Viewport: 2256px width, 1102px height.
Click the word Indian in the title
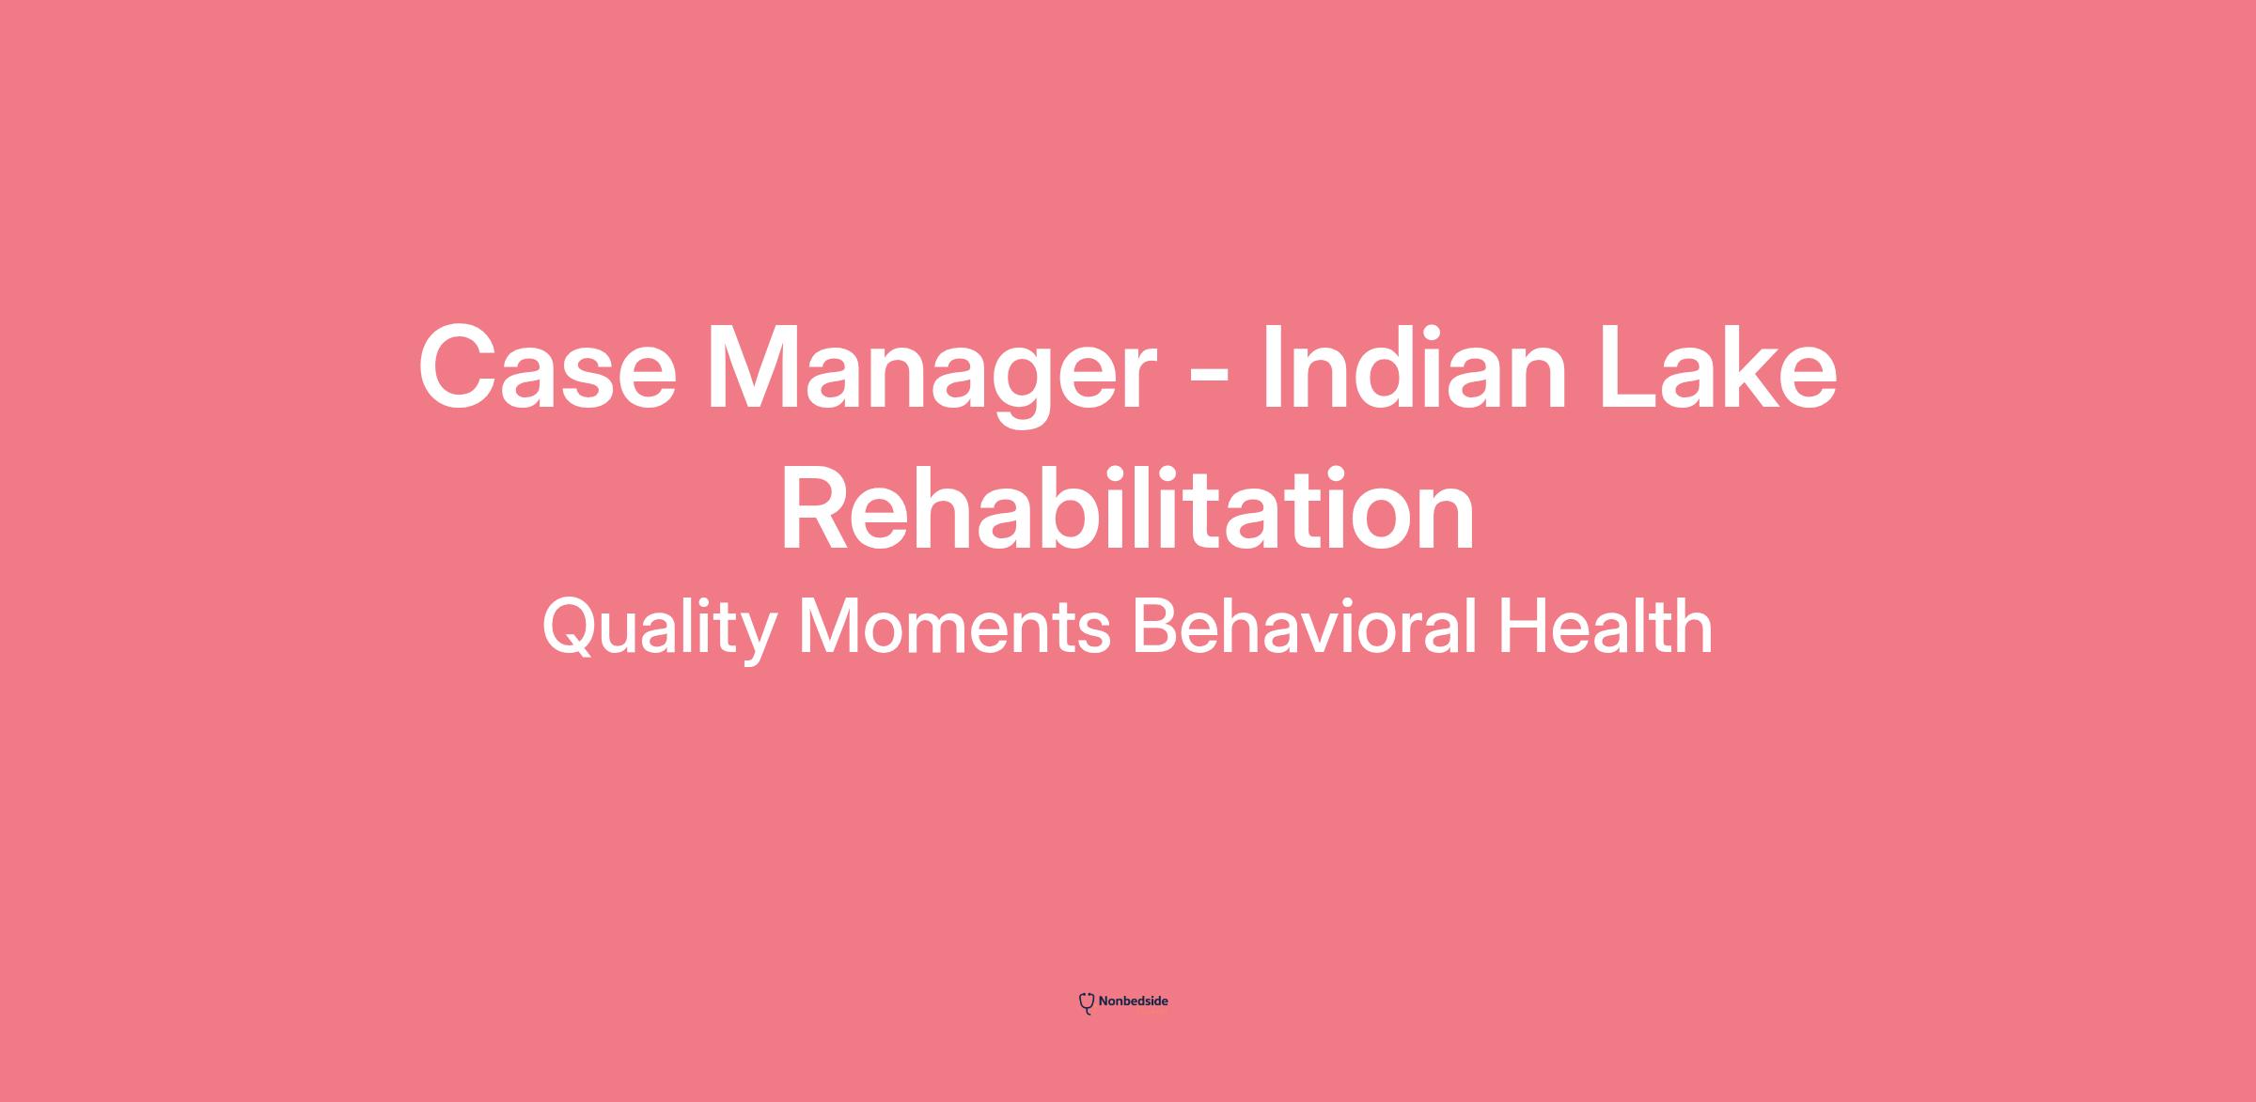[x=1415, y=366]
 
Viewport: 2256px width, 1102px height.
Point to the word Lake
[x=1718, y=366]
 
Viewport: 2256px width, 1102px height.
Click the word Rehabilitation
[x=1127, y=508]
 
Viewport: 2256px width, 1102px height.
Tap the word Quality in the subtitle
[x=659, y=629]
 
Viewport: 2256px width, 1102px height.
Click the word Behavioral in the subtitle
[x=1305, y=627]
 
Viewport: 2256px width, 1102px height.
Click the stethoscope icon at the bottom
[x=1087, y=1003]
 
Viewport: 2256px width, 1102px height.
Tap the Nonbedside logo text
[x=1133, y=1001]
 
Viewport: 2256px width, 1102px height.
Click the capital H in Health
[x=1523, y=626]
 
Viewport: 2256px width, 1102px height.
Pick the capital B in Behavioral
[x=1156, y=626]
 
